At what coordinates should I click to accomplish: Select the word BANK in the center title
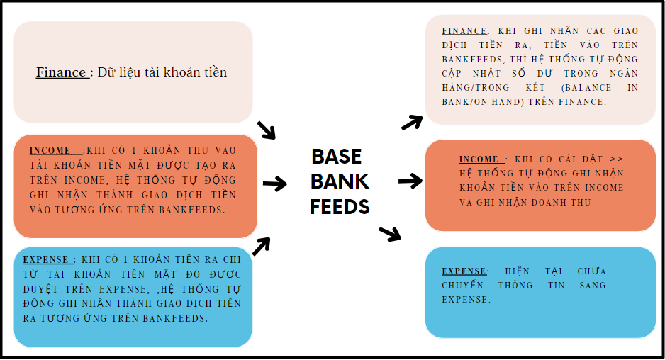(340, 181)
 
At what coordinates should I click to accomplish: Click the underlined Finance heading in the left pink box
(62, 72)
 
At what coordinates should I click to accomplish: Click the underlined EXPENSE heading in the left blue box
(47, 259)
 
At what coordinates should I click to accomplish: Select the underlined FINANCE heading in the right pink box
(464, 31)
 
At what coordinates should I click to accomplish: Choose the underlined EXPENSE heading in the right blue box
(464, 271)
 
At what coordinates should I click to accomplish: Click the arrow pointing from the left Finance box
(266, 129)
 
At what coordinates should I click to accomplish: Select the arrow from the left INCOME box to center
(274, 184)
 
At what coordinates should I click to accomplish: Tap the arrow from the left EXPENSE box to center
(262, 245)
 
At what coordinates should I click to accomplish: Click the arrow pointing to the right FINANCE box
(412, 122)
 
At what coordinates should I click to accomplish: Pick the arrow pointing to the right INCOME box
(410, 181)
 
